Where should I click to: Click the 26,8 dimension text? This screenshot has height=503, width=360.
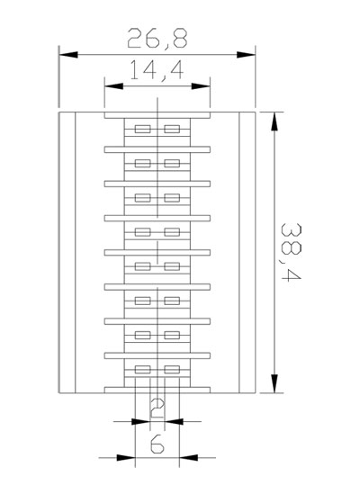pyautogui.click(x=157, y=39)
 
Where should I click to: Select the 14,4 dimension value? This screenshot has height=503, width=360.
pyautogui.click(x=157, y=70)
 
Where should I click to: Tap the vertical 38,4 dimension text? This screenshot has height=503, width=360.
pyautogui.click(x=291, y=252)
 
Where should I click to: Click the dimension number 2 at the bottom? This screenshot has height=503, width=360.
pyautogui.click(x=157, y=409)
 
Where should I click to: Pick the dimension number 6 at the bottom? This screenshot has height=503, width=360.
pyautogui.click(x=157, y=445)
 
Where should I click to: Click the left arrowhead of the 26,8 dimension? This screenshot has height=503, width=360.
pyautogui.click(x=68, y=55)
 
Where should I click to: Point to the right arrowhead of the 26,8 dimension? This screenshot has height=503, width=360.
pyautogui.click(x=246, y=55)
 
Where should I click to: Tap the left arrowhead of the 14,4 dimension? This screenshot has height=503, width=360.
pyautogui.click(x=114, y=86)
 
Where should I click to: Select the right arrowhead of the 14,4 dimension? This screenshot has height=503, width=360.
pyautogui.click(x=201, y=86)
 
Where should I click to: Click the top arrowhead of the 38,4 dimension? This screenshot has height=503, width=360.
pyautogui.click(x=274, y=121)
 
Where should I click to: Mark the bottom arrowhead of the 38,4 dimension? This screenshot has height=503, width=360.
pyautogui.click(x=274, y=383)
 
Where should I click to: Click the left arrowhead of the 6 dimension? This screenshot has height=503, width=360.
pyautogui.click(x=126, y=458)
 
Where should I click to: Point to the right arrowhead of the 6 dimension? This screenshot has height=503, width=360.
pyautogui.click(x=189, y=458)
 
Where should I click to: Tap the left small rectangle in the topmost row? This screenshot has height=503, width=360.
pyautogui.click(x=142, y=129)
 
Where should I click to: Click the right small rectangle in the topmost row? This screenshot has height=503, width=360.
pyautogui.click(x=172, y=129)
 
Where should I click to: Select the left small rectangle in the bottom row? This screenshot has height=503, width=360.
pyautogui.click(x=142, y=370)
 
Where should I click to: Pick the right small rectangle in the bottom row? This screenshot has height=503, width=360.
pyautogui.click(x=172, y=370)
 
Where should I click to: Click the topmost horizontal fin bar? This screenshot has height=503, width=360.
pyautogui.click(x=157, y=115)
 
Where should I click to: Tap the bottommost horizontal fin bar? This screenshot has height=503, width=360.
pyautogui.click(x=157, y=391)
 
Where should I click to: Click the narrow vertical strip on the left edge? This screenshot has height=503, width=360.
pyautogui.click(x=67, y=253)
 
